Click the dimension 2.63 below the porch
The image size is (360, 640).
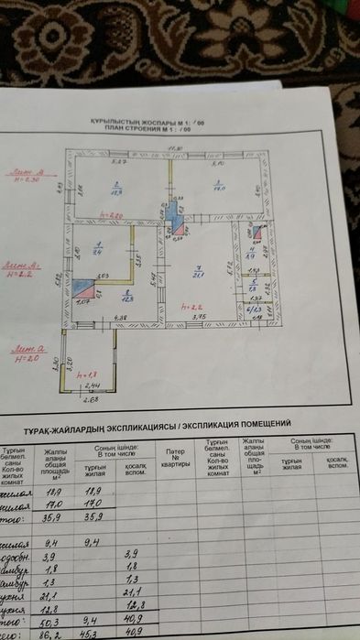point(90,398)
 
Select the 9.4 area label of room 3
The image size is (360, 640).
point(98,249)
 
